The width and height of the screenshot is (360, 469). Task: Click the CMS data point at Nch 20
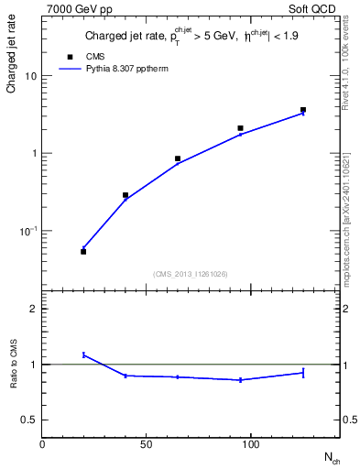tap(83, 251)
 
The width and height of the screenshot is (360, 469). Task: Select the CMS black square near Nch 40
tap(125, 195)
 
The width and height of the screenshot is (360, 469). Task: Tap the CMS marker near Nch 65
tap(178, 158)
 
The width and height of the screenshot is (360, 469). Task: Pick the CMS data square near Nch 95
tap(240, 128)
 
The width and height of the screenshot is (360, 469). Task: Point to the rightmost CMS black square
tap(303, 110)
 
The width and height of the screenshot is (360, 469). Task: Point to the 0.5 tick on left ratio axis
tap(28, 420)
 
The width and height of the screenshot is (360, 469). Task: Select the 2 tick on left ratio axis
tap(33, 309)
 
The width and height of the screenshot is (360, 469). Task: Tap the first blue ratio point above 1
tap(83, 354)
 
